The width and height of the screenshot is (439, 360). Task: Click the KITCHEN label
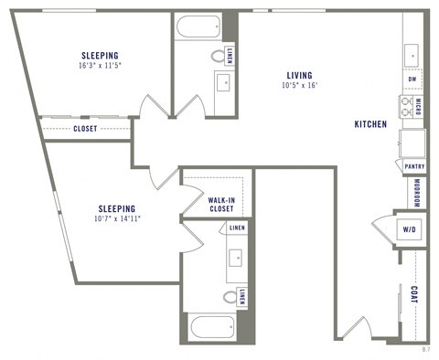pos(370,123)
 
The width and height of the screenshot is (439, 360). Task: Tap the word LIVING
pos(298,75)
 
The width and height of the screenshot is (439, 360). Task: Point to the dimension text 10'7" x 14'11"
pos(116,218)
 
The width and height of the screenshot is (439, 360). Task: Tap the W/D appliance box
pos(408,229)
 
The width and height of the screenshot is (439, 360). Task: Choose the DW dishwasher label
pos(413,79)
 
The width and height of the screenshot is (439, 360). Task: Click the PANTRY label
pos(412,165)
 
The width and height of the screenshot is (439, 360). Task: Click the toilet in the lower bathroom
pos(230,296)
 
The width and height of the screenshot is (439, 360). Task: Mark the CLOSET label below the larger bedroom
pos(85,129)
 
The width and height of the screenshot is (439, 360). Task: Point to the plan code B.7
pos(425,349)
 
